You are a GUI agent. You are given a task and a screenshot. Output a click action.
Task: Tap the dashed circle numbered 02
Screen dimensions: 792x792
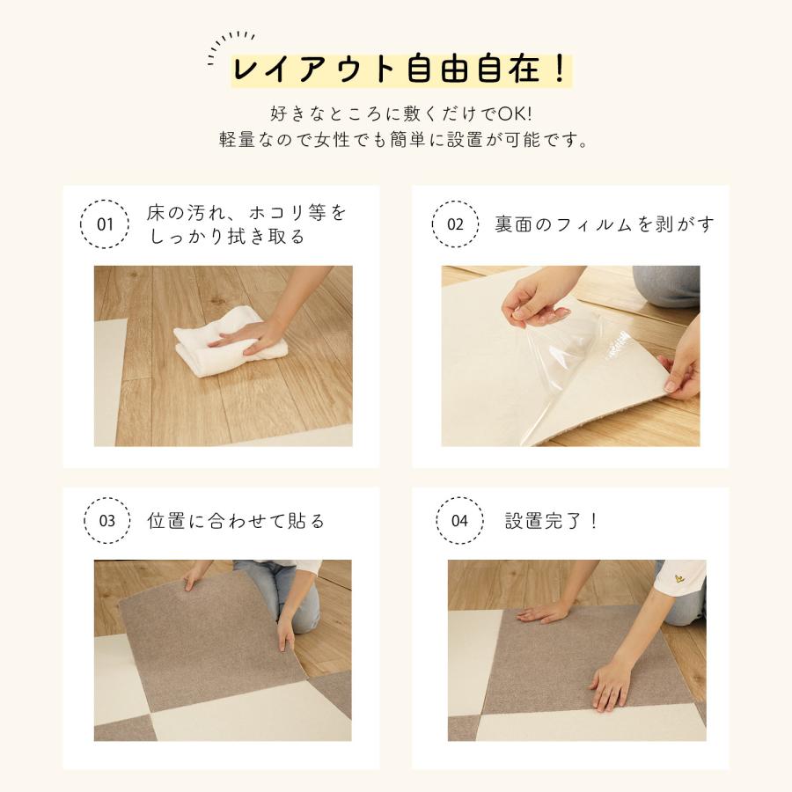coord(432,224)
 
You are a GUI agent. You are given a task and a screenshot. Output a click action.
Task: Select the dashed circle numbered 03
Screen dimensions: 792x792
coord(84,521)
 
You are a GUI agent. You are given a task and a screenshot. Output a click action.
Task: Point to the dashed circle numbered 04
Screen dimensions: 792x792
coord(436,521)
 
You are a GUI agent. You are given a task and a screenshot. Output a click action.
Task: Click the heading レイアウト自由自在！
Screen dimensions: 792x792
coord(401,70)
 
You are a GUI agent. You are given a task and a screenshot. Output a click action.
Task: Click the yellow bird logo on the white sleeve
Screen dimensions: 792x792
coord(679,578)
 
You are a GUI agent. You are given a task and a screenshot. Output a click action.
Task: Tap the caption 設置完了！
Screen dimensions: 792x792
coord(552,521)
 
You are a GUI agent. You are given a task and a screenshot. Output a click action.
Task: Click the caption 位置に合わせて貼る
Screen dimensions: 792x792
coord(235,521)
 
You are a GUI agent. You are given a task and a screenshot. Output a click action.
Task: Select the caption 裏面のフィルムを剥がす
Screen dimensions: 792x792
coord(605,224)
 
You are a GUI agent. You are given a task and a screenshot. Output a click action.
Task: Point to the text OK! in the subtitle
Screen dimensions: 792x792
coord(515,114)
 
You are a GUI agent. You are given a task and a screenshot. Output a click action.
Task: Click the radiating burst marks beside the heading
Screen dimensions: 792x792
coord(230,47)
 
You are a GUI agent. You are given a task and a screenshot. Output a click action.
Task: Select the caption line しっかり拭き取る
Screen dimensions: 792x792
coord(227,237)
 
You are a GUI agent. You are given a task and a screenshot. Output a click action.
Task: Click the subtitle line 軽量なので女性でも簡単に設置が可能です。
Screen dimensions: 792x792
coord(404,139)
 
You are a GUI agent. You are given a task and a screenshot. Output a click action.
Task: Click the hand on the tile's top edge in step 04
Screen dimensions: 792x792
coord(544,612)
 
